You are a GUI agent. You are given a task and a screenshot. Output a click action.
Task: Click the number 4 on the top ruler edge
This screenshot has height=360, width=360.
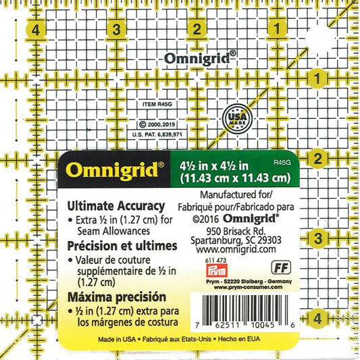point(35,29)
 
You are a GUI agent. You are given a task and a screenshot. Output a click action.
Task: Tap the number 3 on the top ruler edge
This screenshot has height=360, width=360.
point(116,29)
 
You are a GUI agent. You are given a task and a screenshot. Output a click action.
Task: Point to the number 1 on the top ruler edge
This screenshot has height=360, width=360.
point(277,29)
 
